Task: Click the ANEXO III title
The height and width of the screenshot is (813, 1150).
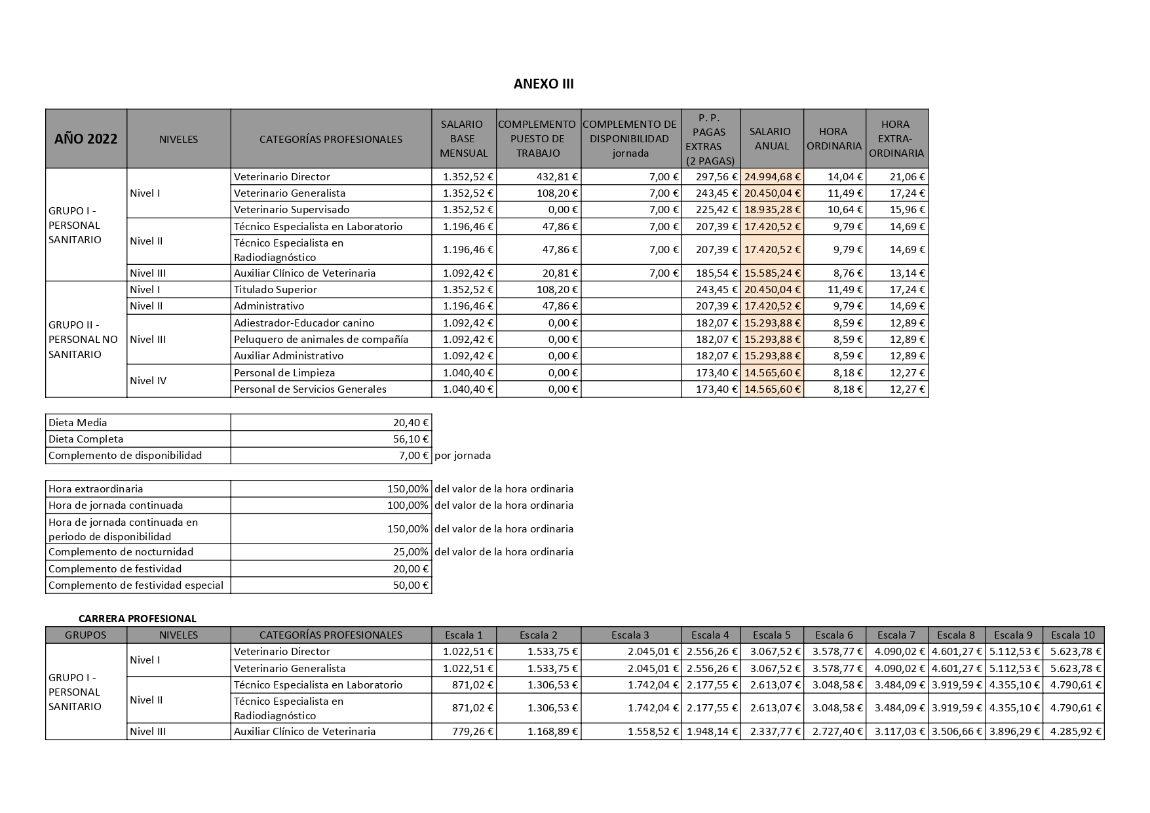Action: pyautogui.click(x=543, y=84)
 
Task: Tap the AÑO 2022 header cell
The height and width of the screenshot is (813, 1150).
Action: pyautogui.click(x=86, y=139)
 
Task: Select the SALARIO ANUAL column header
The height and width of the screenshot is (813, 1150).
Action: pyautogui.click(x=771, y=139)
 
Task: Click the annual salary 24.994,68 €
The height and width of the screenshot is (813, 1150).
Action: pyautogui.click(x=773, y=177)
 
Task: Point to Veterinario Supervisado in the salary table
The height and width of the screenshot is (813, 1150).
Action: pyautogui.click(x=292, y=210)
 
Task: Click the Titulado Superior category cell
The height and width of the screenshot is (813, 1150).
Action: pyautogui.click(x=275, y=290)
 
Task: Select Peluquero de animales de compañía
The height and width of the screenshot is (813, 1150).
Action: pyautogui.click(x=321, y=340)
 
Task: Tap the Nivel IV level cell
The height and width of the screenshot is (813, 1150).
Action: pyautogui.click(x=148, y=381)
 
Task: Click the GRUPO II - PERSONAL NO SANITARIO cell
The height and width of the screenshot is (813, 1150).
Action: pyautogui.click(x=83, y=340)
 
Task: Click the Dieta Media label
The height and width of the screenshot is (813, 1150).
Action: pyautogui.click(x=77, y=423)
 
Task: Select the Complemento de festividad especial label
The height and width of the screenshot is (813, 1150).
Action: pyautogui.click(x=136, y=585)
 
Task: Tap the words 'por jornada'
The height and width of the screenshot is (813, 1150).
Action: pyautogui.click(x=463, y=456)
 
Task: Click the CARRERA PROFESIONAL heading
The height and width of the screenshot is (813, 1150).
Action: pyautogui.click(x=137, y=618)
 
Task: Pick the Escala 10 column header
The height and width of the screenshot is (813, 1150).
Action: pyautogui.click(x=1073, y=635)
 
